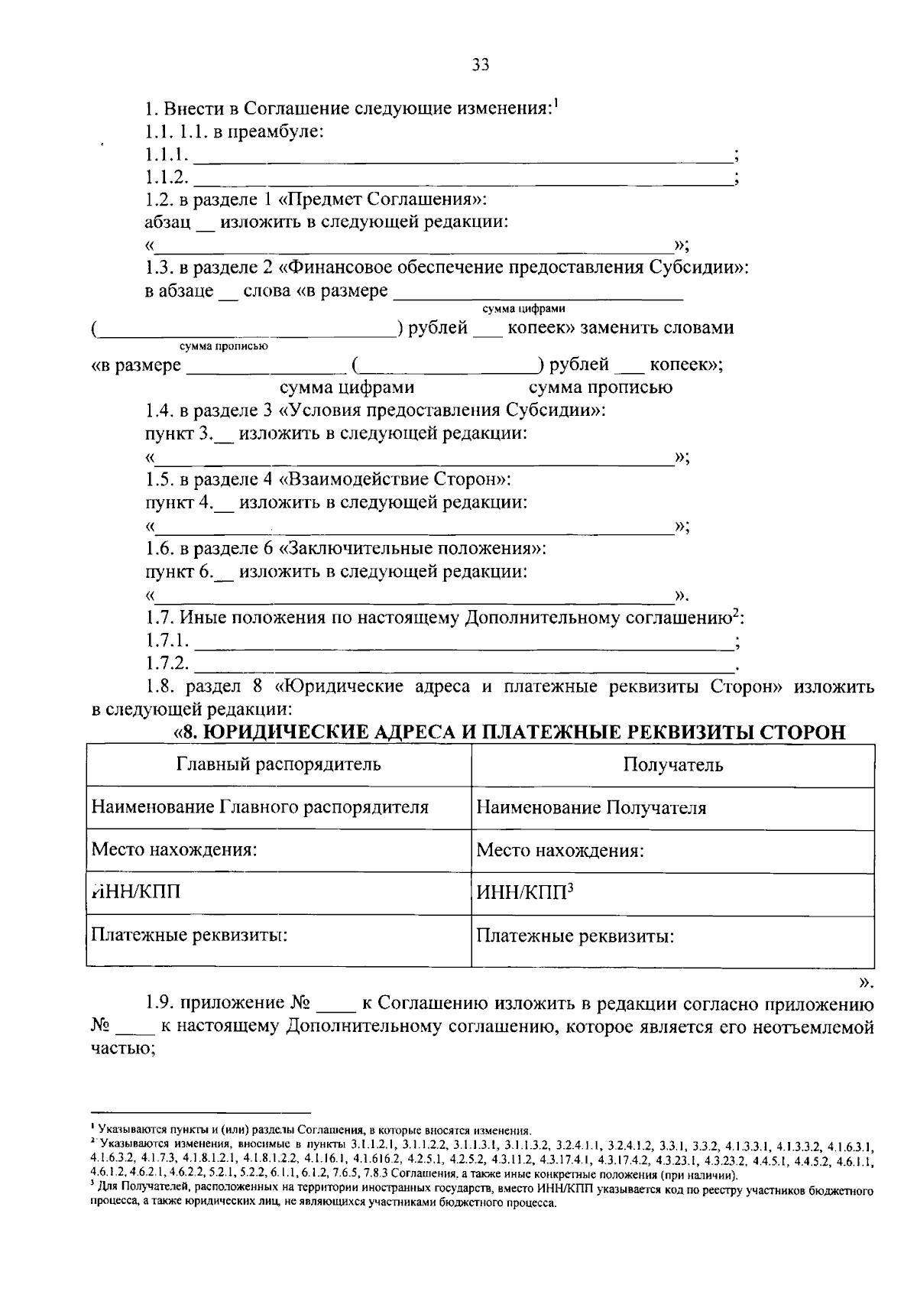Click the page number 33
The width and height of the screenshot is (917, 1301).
[x=480, y=65]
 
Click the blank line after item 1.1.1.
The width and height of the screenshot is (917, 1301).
[x=462, y=159]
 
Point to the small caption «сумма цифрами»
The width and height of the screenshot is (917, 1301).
[x=523, y=309]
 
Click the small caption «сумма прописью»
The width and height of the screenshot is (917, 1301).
[x=223, y=346]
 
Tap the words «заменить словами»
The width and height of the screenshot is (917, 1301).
[x=657, y=329]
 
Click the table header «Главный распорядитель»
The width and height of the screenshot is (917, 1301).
[x=279, y=764]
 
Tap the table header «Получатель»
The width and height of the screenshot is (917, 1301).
[x=672, y=765]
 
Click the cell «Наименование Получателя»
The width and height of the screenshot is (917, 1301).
[x=591, y=808]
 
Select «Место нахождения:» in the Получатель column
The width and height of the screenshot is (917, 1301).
[x=559, y=851]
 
